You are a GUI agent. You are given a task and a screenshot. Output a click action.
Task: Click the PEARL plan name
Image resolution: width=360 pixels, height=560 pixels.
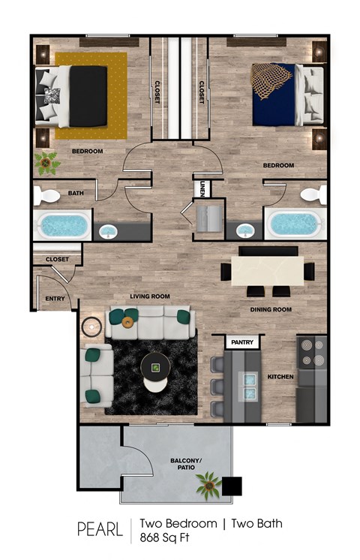[x=100, y=529]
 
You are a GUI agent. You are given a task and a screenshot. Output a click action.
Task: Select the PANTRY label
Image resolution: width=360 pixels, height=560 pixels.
[x=242, y=343]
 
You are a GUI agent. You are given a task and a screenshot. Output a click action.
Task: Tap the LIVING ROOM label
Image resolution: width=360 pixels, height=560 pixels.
[x=150, y=297]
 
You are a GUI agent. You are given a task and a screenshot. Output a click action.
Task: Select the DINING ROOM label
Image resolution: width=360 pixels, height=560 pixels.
[x=270, y=309]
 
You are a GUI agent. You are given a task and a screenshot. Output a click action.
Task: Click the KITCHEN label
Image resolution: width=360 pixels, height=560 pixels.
[x=280, y=376]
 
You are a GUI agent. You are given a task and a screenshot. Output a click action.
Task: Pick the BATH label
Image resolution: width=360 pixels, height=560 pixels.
[x=76, y=193]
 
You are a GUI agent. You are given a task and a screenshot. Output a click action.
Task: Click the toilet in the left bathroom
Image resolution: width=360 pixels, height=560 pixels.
[x=48, y=196]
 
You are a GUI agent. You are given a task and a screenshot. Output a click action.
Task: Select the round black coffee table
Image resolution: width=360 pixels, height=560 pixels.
[x=155, y=367]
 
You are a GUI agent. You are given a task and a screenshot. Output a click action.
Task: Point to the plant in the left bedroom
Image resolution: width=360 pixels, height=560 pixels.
[x=49, y=161]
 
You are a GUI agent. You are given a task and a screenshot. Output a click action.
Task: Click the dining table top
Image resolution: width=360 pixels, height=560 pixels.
[x=266, y=271]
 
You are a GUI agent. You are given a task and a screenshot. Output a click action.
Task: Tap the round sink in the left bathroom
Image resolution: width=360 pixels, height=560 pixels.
[x=109, y=230]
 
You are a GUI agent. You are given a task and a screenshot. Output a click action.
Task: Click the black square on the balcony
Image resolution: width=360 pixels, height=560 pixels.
[x=234, y=486]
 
